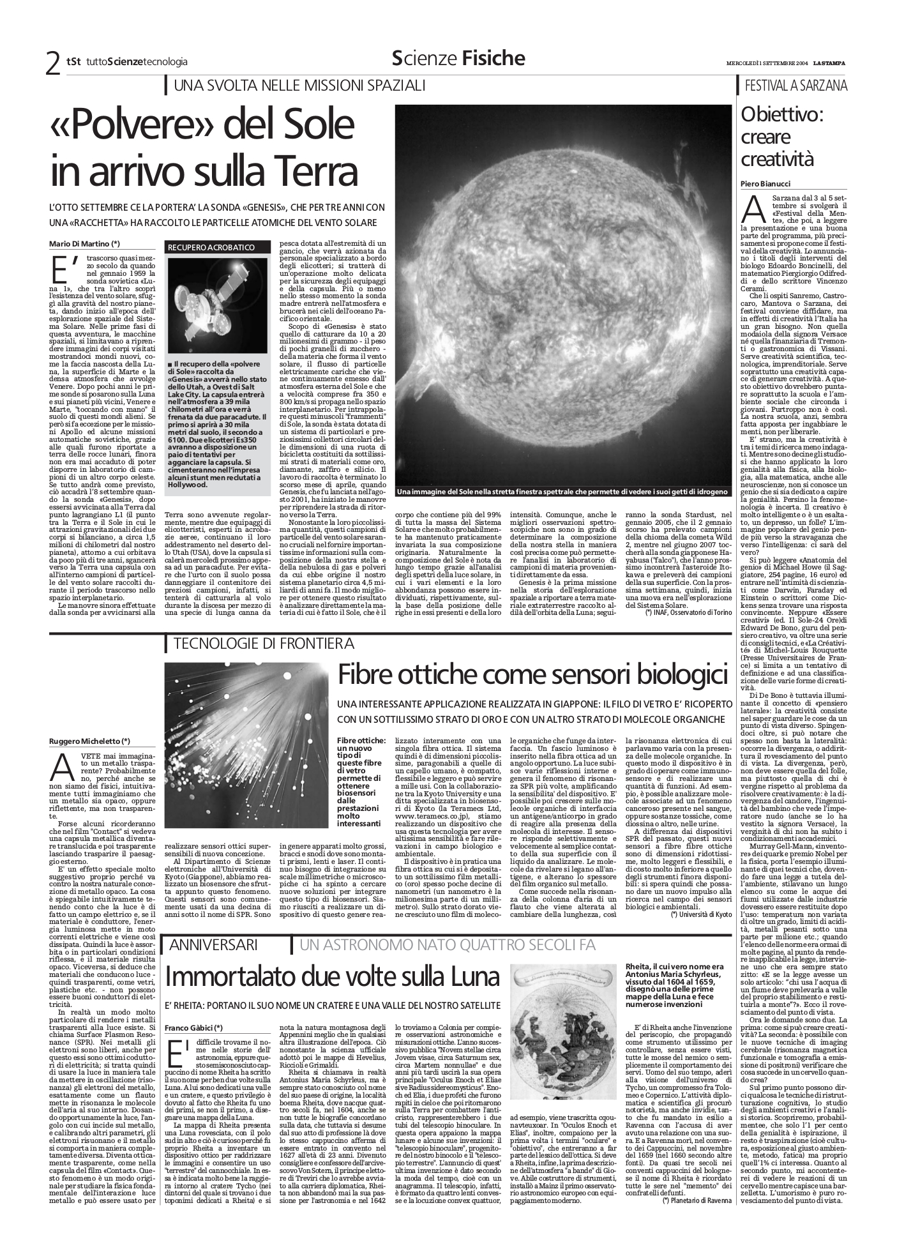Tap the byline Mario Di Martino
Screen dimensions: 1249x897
[84, 243]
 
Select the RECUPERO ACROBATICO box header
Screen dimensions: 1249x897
[211, 247]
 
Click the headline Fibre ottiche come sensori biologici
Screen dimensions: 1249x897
[532, 674]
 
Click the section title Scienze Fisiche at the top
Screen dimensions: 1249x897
[458, 59]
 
